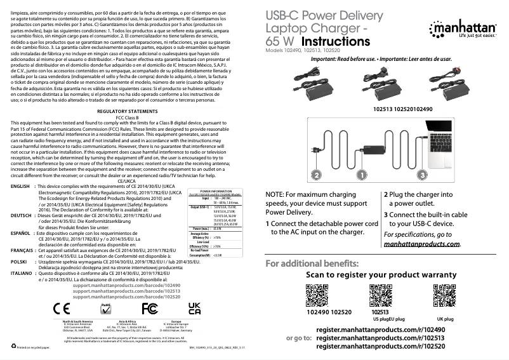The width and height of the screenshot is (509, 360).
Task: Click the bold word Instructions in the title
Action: pyautogui.click(x=340, y=41)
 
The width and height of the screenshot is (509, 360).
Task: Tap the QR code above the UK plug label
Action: pyautogui.click(x=444, y=295)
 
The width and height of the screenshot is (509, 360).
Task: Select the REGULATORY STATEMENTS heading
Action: pyautogui.click(x=127, y=111)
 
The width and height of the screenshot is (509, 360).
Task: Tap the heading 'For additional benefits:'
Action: pyautogui.click(x=312, y=263)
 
